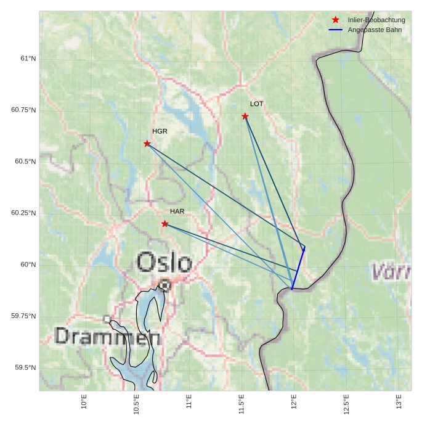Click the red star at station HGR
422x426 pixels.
(x=147, y=144)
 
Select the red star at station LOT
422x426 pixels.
(x=245, y=116)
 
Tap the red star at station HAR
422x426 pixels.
(x=164, y=224)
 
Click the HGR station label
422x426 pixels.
(x=160, y=131)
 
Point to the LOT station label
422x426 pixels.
(x=256, y=104)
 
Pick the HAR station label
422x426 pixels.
(x=177, y=211)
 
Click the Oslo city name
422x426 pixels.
(x=164, y=263)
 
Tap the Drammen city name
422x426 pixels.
(x=107, y=337)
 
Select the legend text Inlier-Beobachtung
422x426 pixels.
(x=376, y=20)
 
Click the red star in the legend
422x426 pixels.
(x=336, y=20)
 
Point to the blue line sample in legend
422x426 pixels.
(x=336, y=30)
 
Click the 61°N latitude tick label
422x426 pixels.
(x=28, y=59)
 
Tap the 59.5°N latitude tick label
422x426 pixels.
(x=25, y=367)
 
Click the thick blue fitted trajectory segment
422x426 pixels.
(x=298, y=268)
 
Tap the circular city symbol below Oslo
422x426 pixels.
(x=164, y=285)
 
